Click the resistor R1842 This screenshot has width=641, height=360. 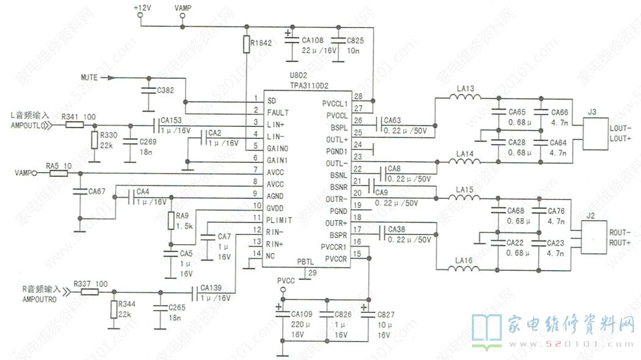tap(246, 44)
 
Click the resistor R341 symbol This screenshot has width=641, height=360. tap(74, 124)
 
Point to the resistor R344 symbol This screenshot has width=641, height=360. tap(114, 309)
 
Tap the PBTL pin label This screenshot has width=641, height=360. tap(305, 262)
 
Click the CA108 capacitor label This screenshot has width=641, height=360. tap(313, 40)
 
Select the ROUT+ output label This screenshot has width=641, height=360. tap(620, 243)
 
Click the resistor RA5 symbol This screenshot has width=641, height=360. tap(58, 173)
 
